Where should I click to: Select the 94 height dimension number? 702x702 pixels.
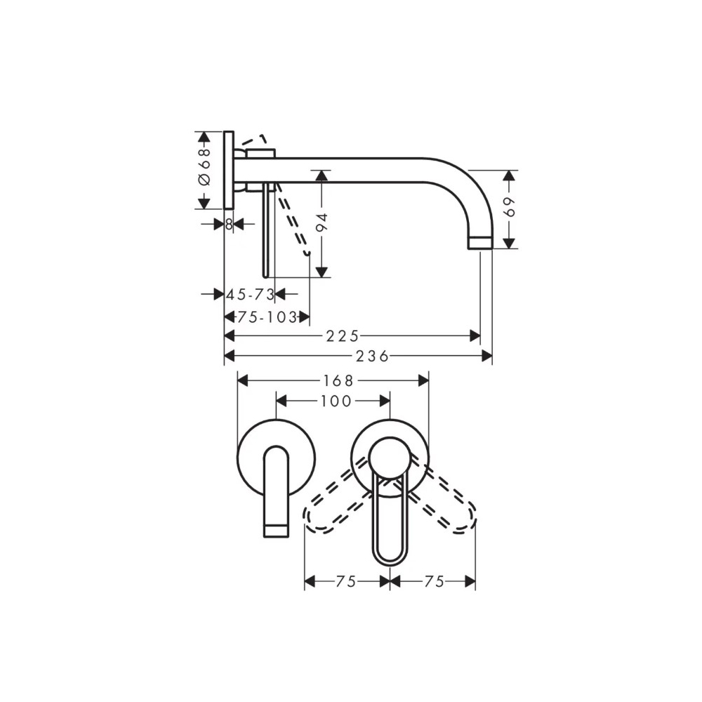[x=322, y=223]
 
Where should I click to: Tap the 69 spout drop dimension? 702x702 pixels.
[x=510, y=206]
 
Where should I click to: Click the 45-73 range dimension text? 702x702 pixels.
[x=251, y=294]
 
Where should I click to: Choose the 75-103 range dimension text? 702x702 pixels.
[x=267, y=317]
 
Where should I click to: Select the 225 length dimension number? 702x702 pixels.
[x=343, y=336]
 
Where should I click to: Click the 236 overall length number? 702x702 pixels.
[x=373, y=357]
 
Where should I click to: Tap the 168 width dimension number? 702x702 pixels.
[x=338, y=380]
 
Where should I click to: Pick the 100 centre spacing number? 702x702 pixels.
[x=336, y=401]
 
